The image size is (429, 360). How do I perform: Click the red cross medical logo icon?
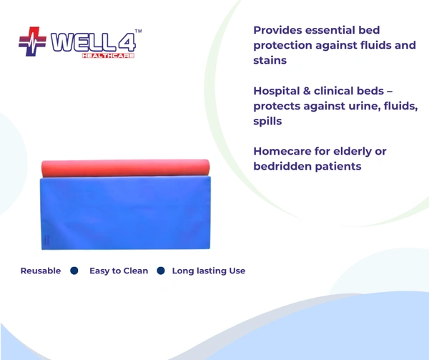click(x=33, y=42)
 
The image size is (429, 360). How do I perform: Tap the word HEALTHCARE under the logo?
click(x=109, y=56)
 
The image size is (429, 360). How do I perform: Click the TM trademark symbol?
click(x=139, y=31)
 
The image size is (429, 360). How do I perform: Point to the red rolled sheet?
click(x=126, y=167)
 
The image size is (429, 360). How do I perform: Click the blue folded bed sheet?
click(x=126, y=213)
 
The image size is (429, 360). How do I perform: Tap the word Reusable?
click(x=41, y=271)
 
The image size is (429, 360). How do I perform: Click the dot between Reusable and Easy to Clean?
click(x=74, y=271)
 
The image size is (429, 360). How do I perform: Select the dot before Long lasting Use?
click(x=161, y=271)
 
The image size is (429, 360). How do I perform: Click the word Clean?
click(x=136, y=271)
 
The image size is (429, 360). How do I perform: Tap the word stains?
click(x=270, y=60)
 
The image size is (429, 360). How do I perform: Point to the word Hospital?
click(x=277, y=91)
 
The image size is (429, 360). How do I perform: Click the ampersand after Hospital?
click(x=307, y=91)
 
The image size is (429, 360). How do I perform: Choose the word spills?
click(x=267, y=121)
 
